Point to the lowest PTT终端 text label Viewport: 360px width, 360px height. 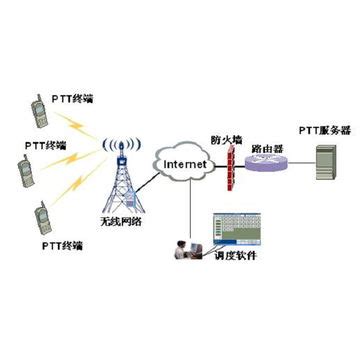62,244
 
